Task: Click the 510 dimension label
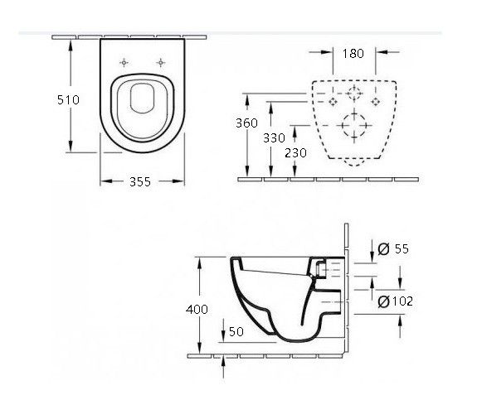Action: click(68, 99)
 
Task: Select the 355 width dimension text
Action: click(140, 181)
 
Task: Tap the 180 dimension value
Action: click(353, 54)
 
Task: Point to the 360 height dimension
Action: click(246, 123)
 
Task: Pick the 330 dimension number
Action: click(274, 137)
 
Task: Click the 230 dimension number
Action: click(295, 152)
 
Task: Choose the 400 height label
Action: click(197, 310)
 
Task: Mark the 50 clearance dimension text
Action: click(236, 331)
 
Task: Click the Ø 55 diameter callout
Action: click(393, 248)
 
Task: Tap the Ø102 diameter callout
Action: click(395, 301)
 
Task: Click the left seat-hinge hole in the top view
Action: click(124, 63)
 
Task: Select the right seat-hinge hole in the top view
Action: click(161, 63)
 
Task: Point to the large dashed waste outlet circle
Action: click(353, 113)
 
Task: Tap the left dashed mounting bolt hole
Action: click(333, 98)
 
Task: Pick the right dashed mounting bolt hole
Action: click(376, 98)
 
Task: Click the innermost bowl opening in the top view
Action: click(131, 99)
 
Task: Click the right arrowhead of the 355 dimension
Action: click(178, 181)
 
